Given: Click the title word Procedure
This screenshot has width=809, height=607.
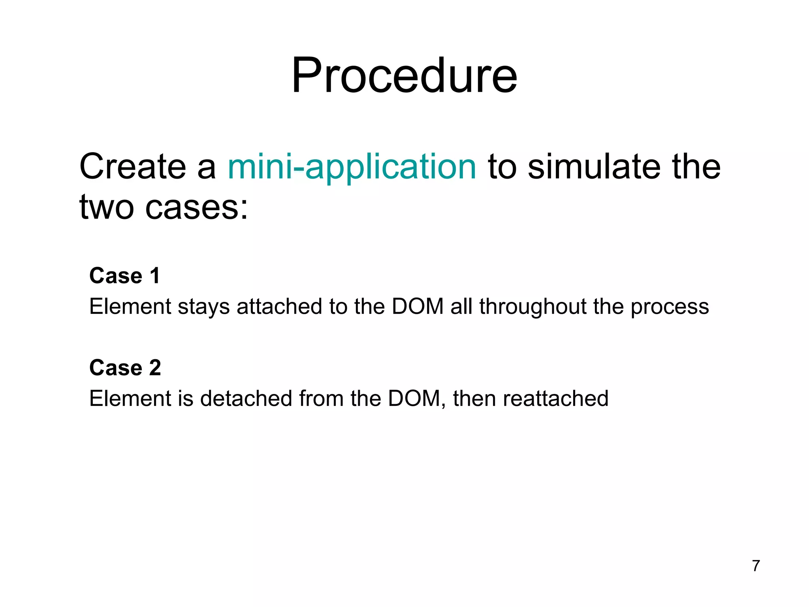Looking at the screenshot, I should [404, 76].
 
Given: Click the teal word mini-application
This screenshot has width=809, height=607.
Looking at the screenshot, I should [352, 167].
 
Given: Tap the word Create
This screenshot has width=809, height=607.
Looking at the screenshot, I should [132, 167].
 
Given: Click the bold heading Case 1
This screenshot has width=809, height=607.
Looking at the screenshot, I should [124, 276].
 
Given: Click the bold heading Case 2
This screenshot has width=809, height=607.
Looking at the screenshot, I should [125, 368].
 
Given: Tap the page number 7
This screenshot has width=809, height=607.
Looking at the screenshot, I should [756, 566].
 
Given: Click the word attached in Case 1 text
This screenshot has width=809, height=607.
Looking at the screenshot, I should [279, 307].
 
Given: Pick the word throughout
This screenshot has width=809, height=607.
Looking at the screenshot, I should [532, 307].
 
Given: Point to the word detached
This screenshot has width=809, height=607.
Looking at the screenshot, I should [246, 398].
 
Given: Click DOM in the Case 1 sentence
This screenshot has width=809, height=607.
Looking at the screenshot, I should [418, 307].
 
